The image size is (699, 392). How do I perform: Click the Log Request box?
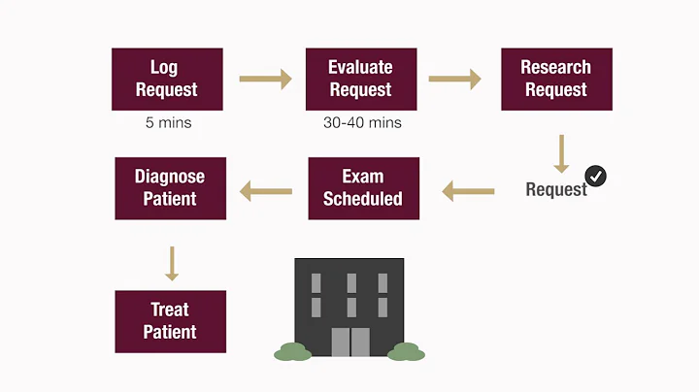[168, 79]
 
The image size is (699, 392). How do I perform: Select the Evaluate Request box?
[361, 79]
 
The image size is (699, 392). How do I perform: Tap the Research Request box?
[556, 79]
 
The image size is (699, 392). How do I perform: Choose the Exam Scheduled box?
[363, 188]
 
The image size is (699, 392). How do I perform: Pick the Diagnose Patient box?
[170, 188]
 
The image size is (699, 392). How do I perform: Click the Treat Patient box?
[170, 321]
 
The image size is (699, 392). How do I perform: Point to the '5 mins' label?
[167, 123]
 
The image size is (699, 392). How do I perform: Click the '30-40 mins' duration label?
[361, 123]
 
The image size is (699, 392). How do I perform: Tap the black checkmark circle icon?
[596, 176]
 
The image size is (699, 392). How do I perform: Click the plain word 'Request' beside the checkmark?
[555, 189]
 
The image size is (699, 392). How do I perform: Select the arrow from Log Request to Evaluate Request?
[265, 78]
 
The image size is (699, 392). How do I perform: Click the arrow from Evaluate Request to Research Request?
[457, 78]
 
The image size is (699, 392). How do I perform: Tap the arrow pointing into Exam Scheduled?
[467, 191]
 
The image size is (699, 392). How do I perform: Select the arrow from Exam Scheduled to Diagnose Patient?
[266, 191]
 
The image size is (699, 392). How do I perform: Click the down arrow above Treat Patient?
[172, 263]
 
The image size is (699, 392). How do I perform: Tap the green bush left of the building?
[292, 352]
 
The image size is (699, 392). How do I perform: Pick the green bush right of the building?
[407, 352]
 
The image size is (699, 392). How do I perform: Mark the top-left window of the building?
[316, 282]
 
